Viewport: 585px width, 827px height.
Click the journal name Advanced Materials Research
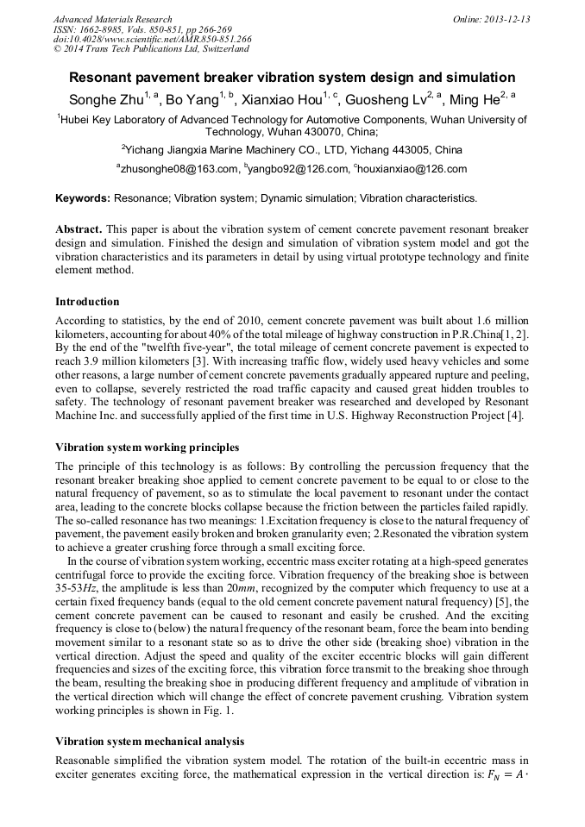click(x=112, y=19)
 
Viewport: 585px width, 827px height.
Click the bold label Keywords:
click(x=83, y=198)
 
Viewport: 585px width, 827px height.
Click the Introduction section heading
click(x=87, y=302)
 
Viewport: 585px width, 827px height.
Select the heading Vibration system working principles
click(x=148, y=448)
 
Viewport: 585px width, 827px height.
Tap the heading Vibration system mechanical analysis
click(x=149, y=741)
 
